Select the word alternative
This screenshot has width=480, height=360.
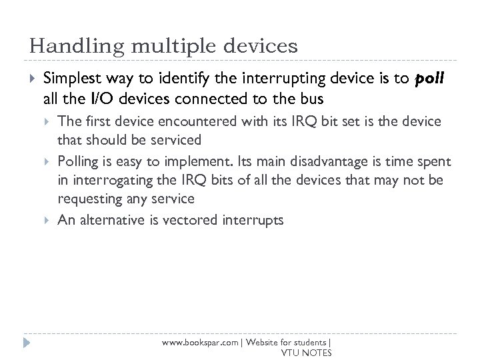click(109, 219)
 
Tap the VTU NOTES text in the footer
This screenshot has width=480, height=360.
click(307, 352)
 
